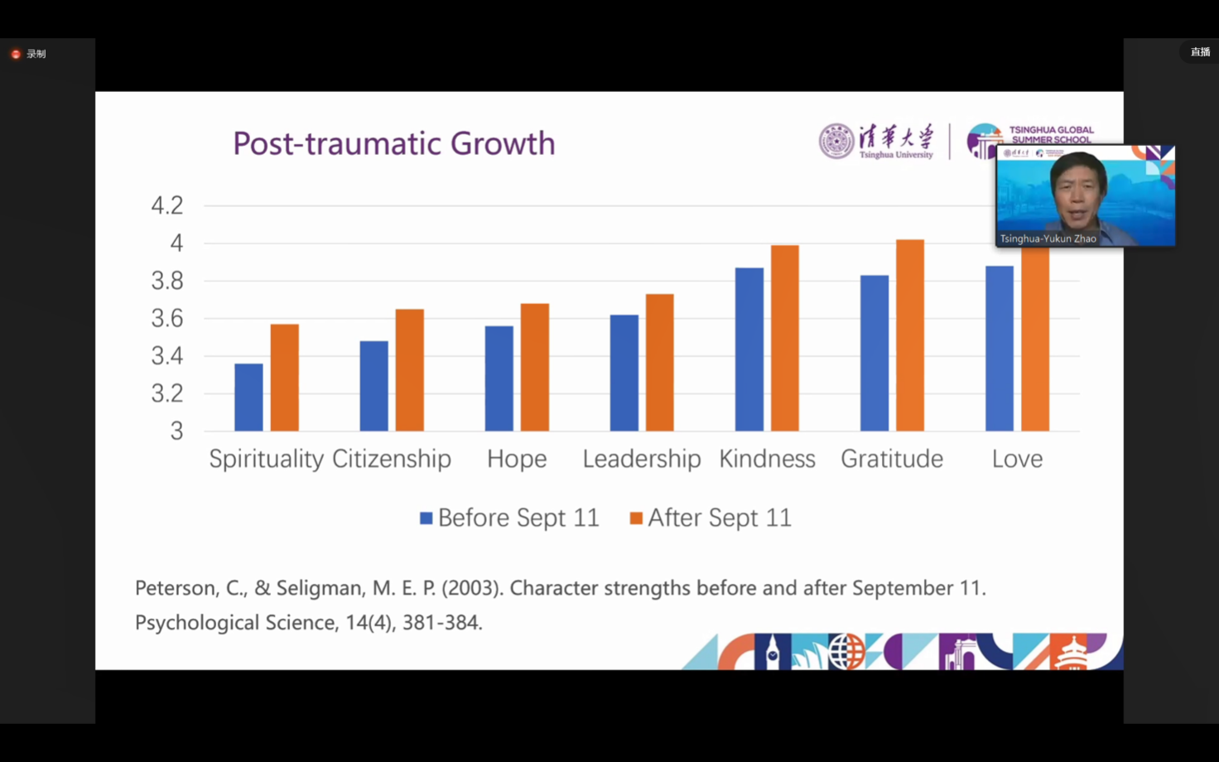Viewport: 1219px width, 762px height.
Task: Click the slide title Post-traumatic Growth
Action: coord(393,143)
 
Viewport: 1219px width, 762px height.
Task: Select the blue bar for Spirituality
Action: coord(248,398)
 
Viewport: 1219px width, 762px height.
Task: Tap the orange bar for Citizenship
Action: coord(409,370)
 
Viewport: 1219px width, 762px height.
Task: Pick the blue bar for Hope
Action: coord(499,379)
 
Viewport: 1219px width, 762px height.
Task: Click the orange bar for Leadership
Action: coord(659,363)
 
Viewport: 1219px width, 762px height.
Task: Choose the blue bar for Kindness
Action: coord(749,350)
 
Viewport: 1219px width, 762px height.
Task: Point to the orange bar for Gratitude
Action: coord(910,335)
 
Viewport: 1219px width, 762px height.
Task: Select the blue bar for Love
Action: coord(1000,349)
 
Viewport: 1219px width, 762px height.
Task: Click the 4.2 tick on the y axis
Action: coord(167,205)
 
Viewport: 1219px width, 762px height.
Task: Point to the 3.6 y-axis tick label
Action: coord(167,318)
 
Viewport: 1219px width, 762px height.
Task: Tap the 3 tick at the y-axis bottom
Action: coord(176,431)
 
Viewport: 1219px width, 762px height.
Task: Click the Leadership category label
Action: coord(641,459)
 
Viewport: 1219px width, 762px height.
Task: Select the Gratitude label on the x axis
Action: coord(892,459)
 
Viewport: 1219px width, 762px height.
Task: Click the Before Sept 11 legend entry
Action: coord(509,518)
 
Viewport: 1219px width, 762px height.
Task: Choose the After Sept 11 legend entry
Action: coord(711,518)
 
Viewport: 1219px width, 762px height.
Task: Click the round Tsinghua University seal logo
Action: coord(836,141)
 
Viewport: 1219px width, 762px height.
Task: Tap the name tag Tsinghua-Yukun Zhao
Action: coord(1048,239)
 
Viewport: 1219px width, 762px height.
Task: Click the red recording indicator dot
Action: coord(16,54)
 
